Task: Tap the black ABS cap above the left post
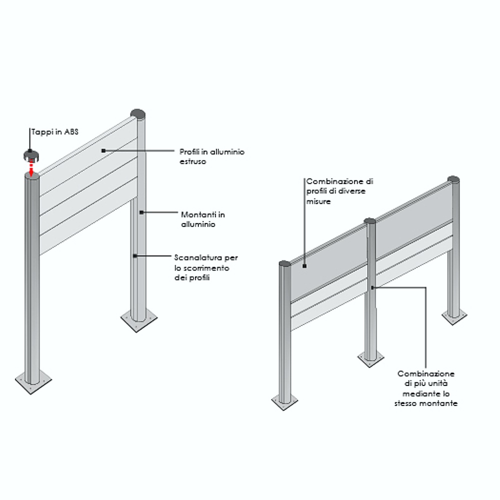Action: click(x=30, y=154)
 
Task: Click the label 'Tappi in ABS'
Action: click(x=54, y=132)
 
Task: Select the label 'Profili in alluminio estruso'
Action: click(x=212, y=156)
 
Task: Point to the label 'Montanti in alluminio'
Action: click(x=202, y=219)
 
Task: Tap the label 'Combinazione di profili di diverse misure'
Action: click(x=339, y=191)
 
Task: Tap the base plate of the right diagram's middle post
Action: click(x=370, y=358)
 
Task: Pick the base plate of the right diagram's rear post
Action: click(x=454, y=316)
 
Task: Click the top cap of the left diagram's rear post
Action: click(x=138, y=113)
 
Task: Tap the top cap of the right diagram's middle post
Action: click(x=370, y=220)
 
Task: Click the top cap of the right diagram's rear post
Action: click(x=453, y=179)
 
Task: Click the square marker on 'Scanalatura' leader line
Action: click(x=135, y=256)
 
